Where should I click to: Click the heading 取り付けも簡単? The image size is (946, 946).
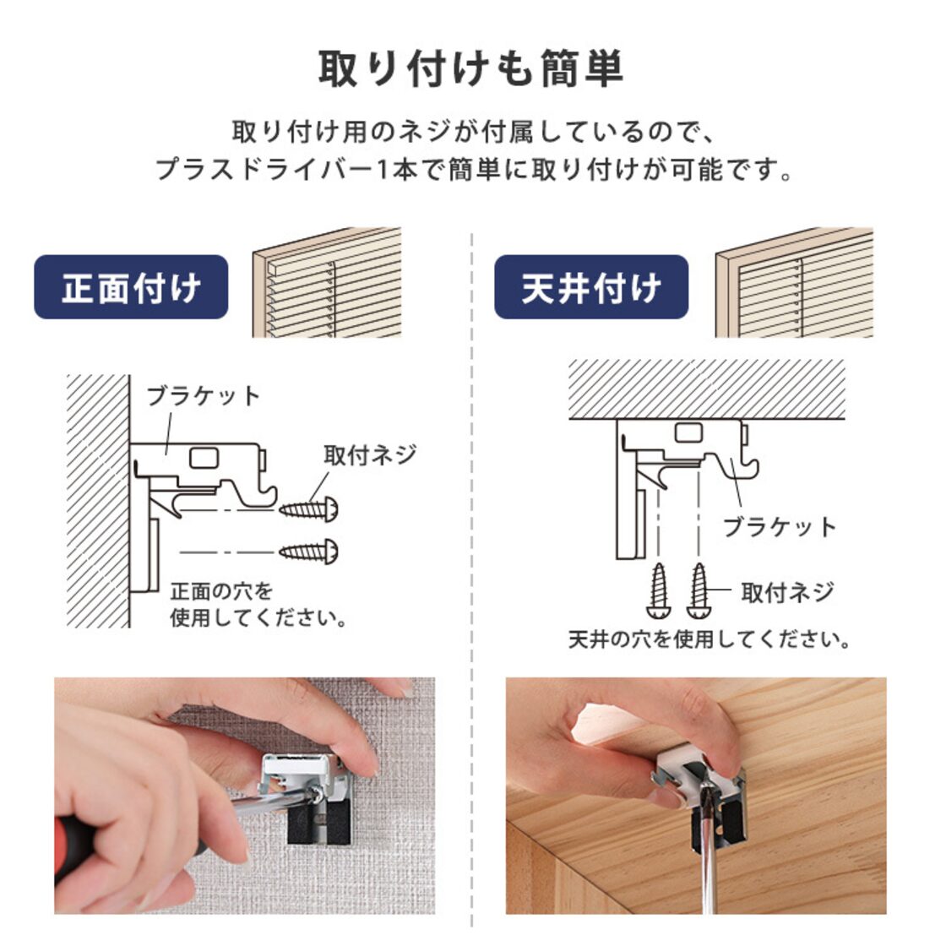pyautogui.click(x=471, y=69)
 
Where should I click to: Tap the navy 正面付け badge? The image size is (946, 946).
pyautogui.click(x=131, y=287)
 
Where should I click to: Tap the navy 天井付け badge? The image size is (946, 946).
pyautogui.click(x=590, y=287)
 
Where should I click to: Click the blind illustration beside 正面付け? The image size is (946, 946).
pyautogui.click(x=327, y=282)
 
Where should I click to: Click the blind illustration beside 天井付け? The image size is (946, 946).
pyautogui.click(x=793, y=282)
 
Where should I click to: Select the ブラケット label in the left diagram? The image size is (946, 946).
pyautogui.click(x=204, y=396)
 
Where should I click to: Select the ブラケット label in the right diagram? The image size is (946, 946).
pyautogui.click(x=779, y=527)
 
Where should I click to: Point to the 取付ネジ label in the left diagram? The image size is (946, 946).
pyautogui.click(x=370, y=454)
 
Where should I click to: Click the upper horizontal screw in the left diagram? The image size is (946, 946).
pyautogui.click(x=309, y=509)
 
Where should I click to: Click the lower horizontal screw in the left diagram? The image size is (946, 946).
pyautogui.click(x=309, y=552)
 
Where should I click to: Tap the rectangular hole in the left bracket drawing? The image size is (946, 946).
pyautogui.click(x=204, y=458)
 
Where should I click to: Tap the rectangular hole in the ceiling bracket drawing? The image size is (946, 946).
pyautogui.click(x=688, y=434)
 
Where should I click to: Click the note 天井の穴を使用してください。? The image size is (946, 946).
pyautogui.click(x=709, y=639)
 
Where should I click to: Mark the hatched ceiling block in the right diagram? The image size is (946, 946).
pyautogui.click(x=706, y=389)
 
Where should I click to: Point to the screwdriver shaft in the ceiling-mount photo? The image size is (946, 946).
pyautogui.click(x=700, y=853)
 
